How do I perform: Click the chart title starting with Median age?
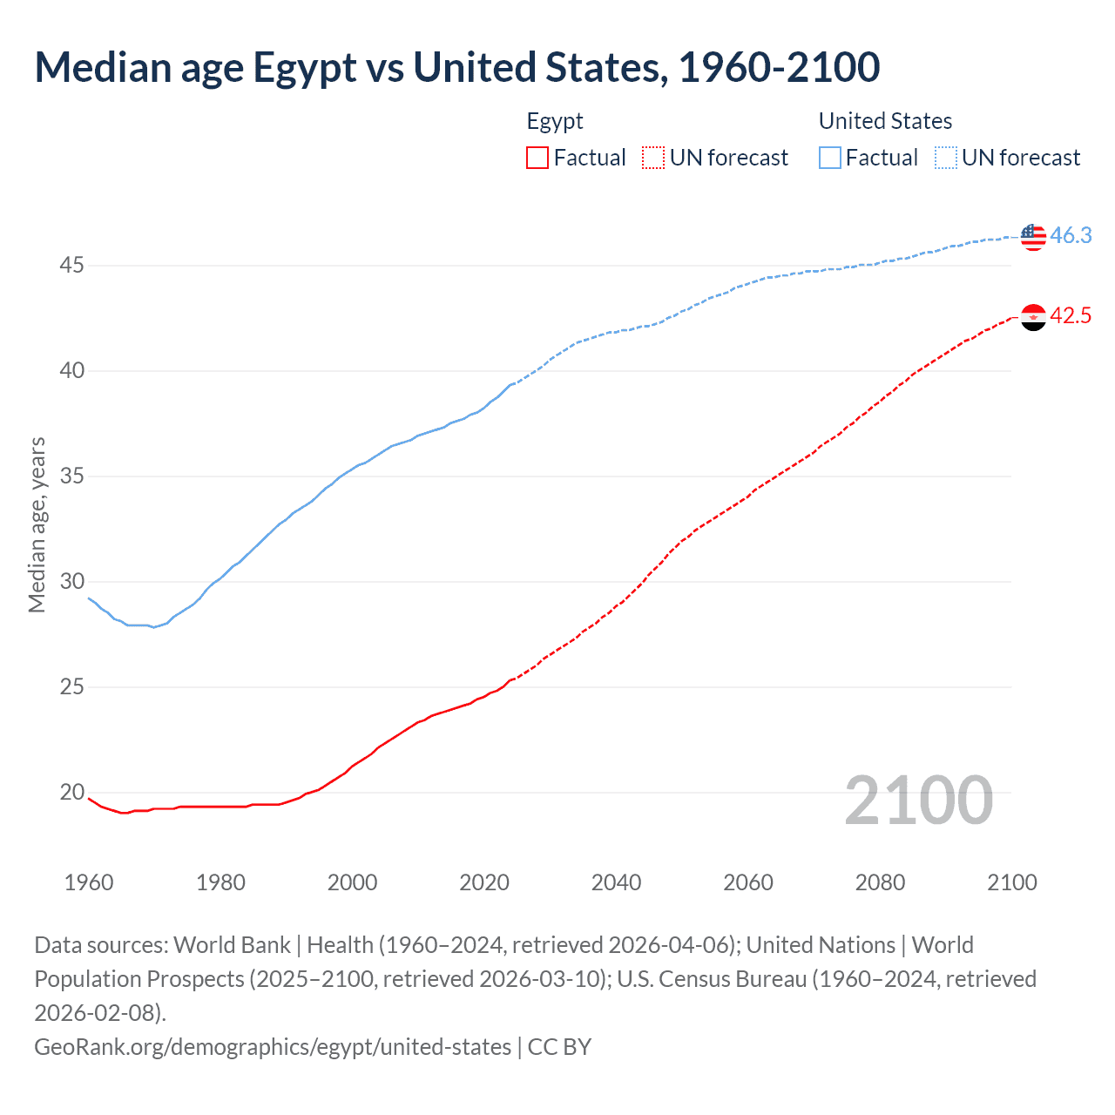[456, 68]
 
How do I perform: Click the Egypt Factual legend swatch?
[537, 158]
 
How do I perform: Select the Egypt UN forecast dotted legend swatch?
[653, 158]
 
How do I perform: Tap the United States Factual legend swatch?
[830, 158]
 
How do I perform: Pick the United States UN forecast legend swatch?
[946, 158]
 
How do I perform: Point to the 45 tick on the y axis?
[71, 265]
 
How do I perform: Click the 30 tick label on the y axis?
[71, 581]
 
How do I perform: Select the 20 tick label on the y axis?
[71, 792]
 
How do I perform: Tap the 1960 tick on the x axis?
[89, 882]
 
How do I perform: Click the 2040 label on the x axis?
[616, 882]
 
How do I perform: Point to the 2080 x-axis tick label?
[880, 882]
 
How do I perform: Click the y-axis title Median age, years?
[37, 525]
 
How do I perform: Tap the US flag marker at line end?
[1033, 236]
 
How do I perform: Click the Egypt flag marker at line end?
[1033, 317]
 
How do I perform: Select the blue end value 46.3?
[1071, 236]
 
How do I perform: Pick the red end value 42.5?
[1071, 316]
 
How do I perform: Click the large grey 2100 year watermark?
[918, 801]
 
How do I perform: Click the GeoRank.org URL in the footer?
[273, 1046]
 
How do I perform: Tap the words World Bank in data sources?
[232, 945]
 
